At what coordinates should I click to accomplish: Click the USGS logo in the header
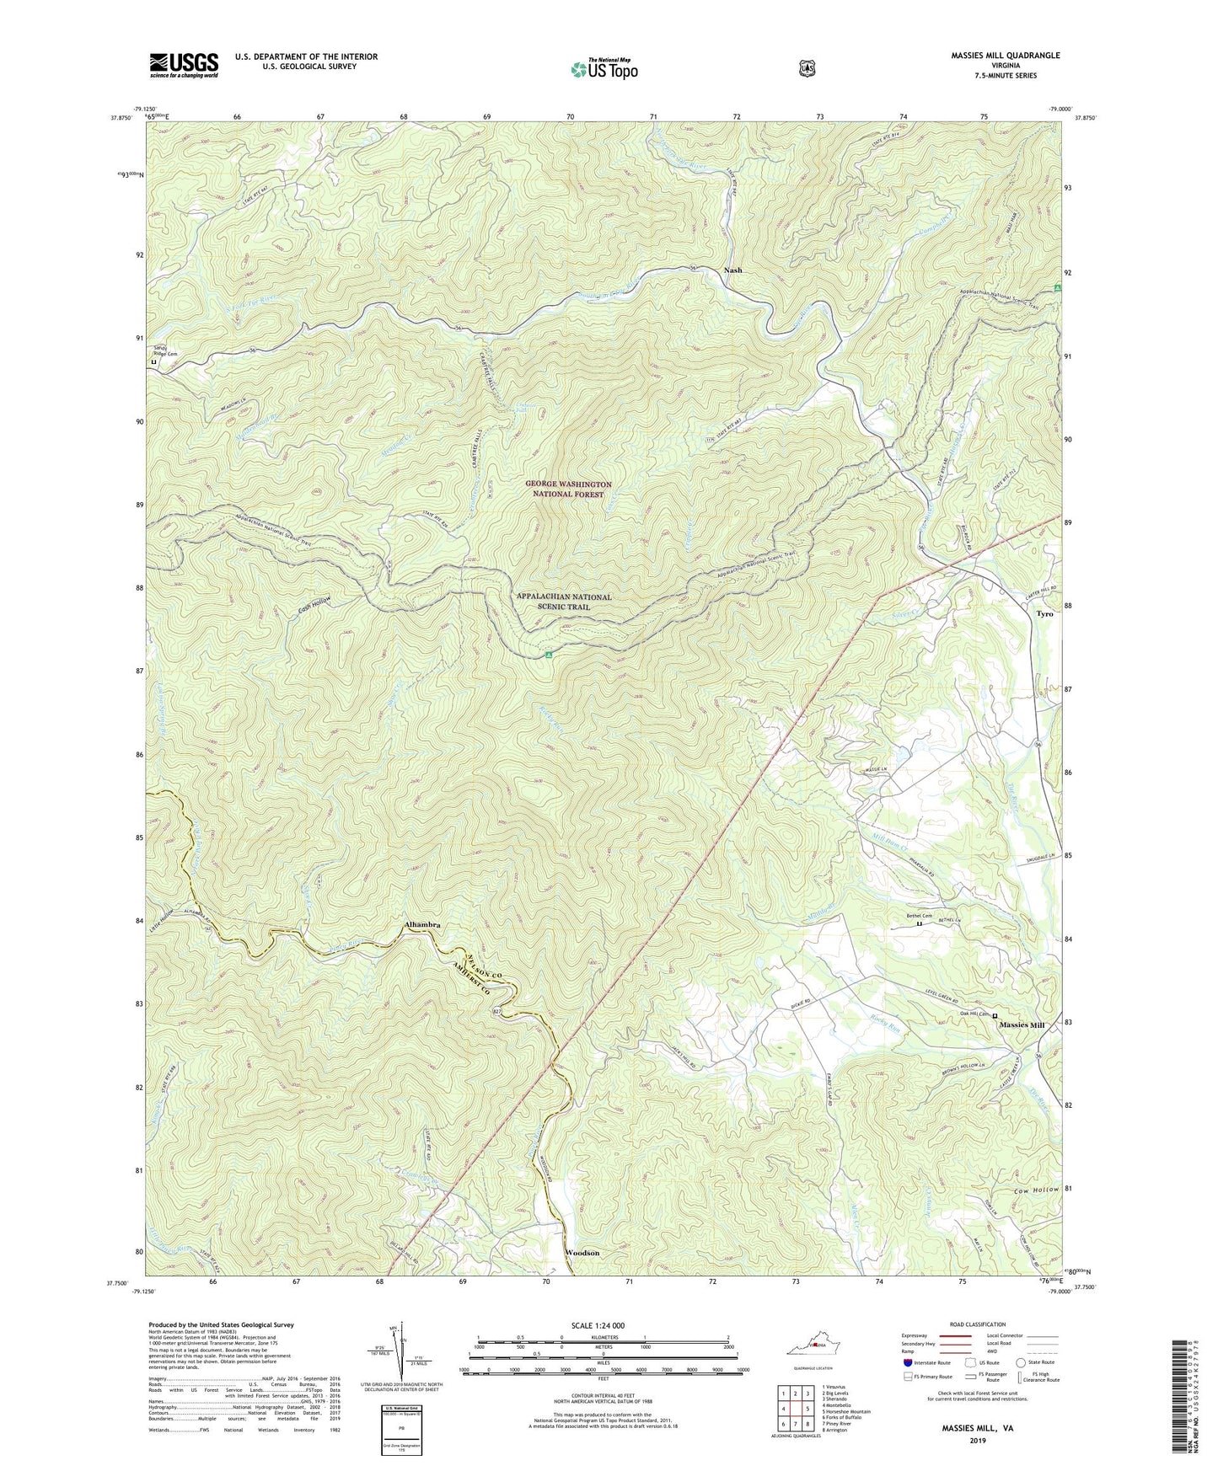point(184,64)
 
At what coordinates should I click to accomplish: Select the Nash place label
point(732,270)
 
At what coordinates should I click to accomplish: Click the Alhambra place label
point(420,925)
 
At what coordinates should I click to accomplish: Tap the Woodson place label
point(582,1253)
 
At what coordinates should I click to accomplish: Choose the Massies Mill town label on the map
point(1022,1025)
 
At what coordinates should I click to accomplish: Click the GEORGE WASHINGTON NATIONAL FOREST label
point(568,489)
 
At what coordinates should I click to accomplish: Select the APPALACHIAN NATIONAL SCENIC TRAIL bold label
point(565,602)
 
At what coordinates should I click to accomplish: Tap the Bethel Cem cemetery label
point(920,917)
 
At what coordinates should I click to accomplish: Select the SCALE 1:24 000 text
point(598,1325)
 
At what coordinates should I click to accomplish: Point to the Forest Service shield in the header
point(807,68)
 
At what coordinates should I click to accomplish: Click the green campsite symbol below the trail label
point(548,654)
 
